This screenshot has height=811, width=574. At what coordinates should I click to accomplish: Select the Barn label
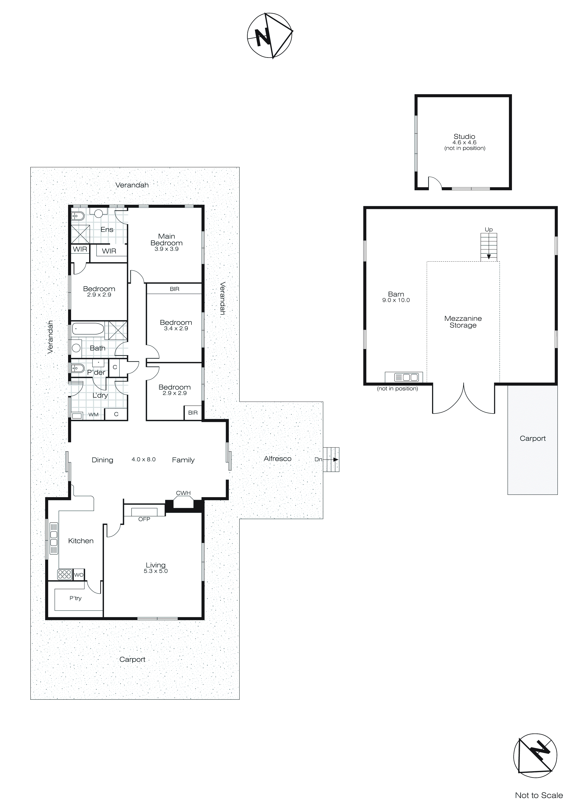[396, 294]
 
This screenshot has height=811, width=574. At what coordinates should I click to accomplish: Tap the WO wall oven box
[79, 575]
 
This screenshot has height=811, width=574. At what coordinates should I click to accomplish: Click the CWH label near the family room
[183, 493]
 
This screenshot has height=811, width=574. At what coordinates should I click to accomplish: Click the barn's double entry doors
[463, 399]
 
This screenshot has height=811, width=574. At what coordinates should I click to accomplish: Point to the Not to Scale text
[538, 795]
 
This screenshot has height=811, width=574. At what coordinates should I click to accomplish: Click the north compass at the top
[270, 35]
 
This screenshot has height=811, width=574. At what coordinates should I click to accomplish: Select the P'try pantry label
[75, 598]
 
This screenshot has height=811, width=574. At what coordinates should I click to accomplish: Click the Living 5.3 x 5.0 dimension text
[156, 571]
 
